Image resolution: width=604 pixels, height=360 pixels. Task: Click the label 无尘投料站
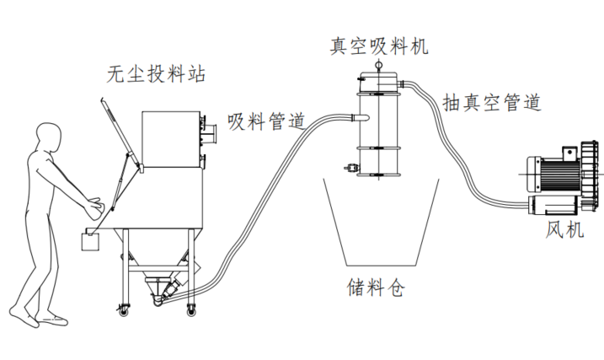[x=156, y=74]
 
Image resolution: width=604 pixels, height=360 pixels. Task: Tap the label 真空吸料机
[x=378, y=46]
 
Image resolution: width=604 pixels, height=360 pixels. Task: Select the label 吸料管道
[x=265, y=121]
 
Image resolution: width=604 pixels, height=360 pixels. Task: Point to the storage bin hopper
[x=378, y=219]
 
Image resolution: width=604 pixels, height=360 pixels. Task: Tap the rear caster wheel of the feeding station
[x=190, y=308]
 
